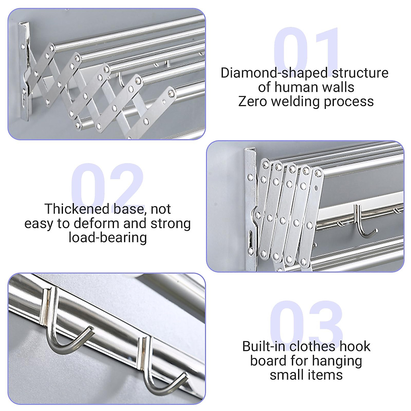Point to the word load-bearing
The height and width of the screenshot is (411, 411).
[x=108, y=237]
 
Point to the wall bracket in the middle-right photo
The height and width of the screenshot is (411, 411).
[x=251, y=206]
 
